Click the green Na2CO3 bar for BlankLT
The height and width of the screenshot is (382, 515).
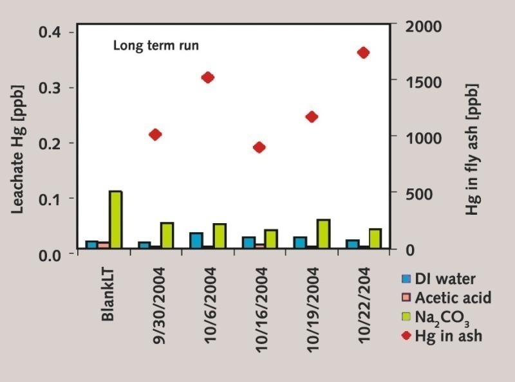115,219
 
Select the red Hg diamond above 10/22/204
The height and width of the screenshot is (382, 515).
363,53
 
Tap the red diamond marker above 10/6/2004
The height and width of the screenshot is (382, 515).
207,78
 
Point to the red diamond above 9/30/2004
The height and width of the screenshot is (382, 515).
155,134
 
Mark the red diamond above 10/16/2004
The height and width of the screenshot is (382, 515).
259,147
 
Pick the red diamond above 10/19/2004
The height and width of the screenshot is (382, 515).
312,116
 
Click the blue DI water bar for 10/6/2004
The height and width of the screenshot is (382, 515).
196,241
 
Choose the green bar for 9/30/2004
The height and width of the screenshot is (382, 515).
167,235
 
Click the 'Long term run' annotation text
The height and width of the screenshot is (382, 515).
156,46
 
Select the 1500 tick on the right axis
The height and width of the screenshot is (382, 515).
415,82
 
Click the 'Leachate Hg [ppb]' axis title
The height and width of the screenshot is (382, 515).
17,140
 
